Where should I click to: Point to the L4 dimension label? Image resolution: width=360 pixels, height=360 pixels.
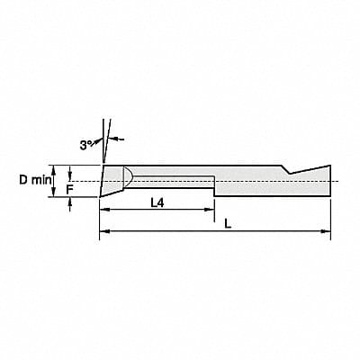point(157,202)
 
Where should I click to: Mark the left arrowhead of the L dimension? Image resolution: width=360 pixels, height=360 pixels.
point(102,232)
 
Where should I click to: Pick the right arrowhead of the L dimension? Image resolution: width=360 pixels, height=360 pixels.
point(327,232)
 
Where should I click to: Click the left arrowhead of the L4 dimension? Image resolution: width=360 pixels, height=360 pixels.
point(102,210)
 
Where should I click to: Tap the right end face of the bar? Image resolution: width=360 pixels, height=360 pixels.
point(331,180)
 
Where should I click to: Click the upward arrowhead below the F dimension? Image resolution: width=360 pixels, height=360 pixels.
point(69,202)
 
